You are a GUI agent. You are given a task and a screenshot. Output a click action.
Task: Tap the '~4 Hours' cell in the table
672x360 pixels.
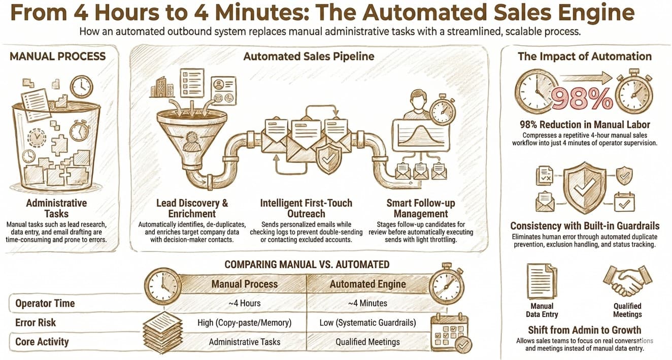[244, 303]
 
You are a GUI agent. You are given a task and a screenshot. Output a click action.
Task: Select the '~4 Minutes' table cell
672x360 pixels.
[367, 303]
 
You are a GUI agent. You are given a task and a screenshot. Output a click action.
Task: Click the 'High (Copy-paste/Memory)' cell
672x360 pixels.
[244, 322]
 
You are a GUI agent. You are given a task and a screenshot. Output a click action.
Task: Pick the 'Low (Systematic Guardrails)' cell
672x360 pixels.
[367, 322]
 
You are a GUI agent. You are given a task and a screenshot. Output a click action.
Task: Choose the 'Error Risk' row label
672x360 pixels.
[36, 322]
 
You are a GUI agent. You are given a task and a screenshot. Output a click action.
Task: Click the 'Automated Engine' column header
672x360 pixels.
[367, 284]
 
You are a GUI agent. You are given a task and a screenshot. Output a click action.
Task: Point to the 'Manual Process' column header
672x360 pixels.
[244, 284]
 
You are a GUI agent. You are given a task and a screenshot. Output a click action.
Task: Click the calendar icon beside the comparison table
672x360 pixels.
[449, 333]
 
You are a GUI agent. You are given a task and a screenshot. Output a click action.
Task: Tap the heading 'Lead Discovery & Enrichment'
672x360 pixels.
[192, 208]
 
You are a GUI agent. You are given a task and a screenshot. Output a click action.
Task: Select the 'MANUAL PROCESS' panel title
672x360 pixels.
[58, 56]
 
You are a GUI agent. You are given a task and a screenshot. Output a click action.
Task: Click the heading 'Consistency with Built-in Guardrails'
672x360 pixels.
[585, 226]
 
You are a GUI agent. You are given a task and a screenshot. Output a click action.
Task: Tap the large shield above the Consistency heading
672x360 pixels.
[585, 186]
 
